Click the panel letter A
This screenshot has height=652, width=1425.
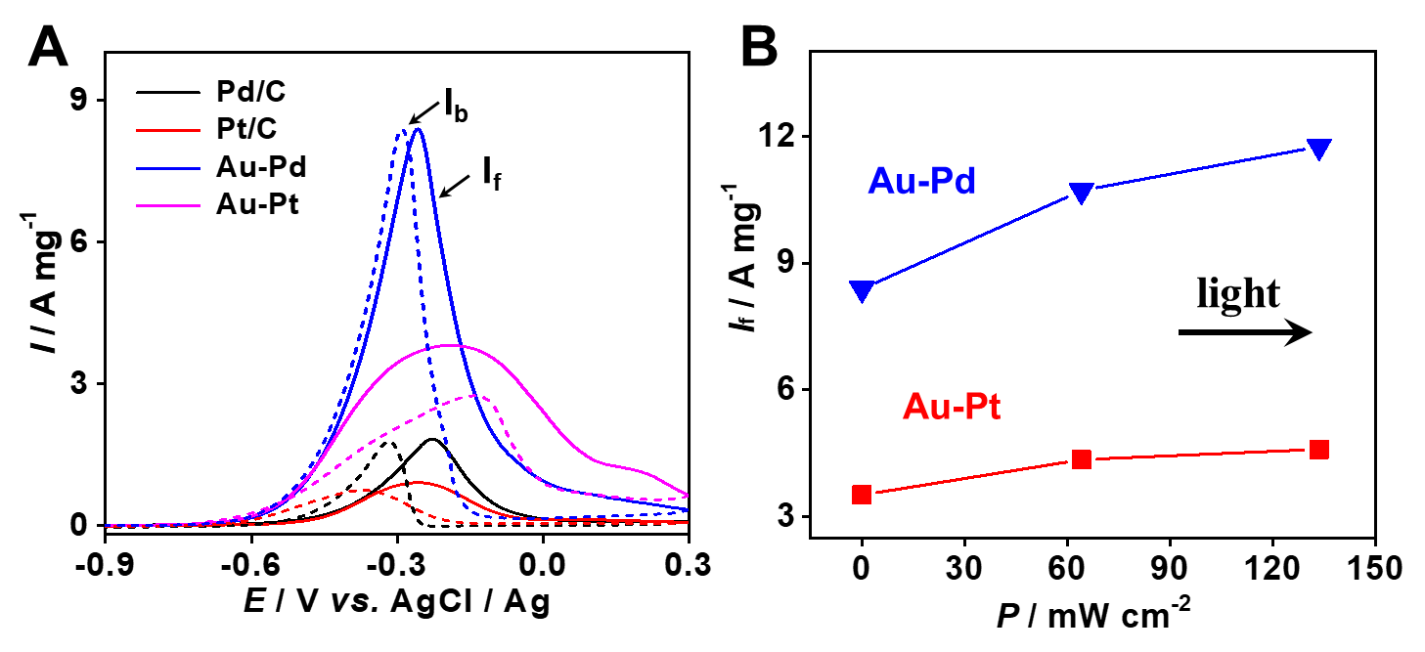(48, 47)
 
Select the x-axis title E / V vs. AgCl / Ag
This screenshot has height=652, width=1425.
(395, 604)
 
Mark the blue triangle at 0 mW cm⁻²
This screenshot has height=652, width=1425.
(862, 290)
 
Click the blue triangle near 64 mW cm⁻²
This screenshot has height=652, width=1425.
(1082, 193)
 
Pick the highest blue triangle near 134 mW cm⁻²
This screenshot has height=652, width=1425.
(1318, 149)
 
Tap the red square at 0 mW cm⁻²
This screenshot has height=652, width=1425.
(862, 494)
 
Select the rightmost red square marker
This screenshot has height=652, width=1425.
(1318, 450)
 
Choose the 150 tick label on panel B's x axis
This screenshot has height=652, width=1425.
(1375, 567)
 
